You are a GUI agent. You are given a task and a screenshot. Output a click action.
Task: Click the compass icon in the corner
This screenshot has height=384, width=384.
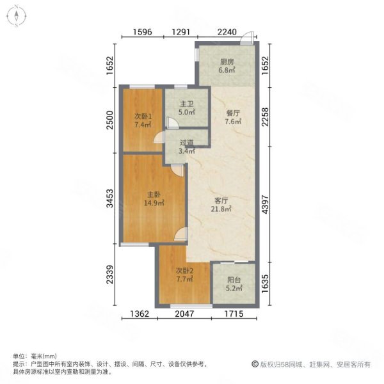click(15, 15)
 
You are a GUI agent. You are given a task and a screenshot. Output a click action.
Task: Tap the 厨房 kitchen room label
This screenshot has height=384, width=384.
click(226, 62)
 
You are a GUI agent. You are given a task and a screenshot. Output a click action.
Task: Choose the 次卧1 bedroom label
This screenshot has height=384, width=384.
click(143, 116)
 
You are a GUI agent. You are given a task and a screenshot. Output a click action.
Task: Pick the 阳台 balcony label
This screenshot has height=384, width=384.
click(234, 280)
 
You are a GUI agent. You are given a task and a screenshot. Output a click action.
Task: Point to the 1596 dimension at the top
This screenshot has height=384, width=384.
click(143, 35)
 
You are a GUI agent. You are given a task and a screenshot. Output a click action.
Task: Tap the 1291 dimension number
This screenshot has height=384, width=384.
click(182, 35)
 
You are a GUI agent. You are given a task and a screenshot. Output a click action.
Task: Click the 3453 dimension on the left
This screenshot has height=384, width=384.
click(110, 199)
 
